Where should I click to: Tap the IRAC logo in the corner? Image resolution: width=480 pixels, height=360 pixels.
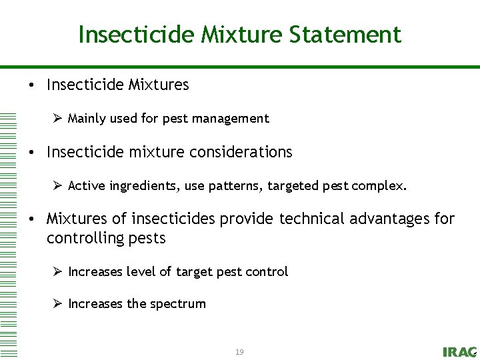click(x=459, y=351)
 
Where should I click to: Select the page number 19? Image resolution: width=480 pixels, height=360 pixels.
click(x=239, y=351)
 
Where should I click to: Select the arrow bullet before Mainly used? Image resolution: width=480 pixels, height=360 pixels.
click(x=57, y=119)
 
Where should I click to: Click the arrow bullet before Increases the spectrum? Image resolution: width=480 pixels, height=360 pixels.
click(x=57, y=303)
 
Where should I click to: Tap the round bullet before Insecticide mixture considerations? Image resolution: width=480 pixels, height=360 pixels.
click(x=32, y=153)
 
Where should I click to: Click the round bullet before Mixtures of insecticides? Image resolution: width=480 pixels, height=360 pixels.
click(x=32, y=219)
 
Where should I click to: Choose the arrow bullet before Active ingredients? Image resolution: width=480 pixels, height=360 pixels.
click(x=57, y=185)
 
